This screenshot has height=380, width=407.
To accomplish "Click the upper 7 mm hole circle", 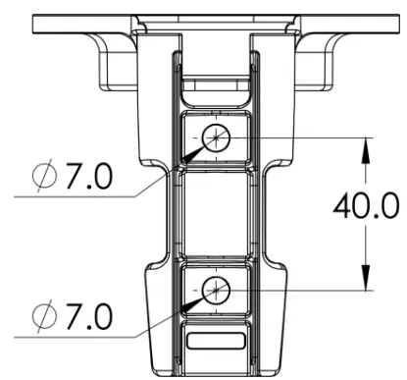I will [215, 138].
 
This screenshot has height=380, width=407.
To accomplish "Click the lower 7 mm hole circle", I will [215, 289].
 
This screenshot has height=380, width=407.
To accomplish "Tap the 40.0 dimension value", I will [365, 208].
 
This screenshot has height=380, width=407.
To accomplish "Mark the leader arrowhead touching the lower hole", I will [197, 300].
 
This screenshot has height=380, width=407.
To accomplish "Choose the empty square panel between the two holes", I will [215, 213].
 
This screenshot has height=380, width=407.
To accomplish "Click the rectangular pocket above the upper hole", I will [215, 91].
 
